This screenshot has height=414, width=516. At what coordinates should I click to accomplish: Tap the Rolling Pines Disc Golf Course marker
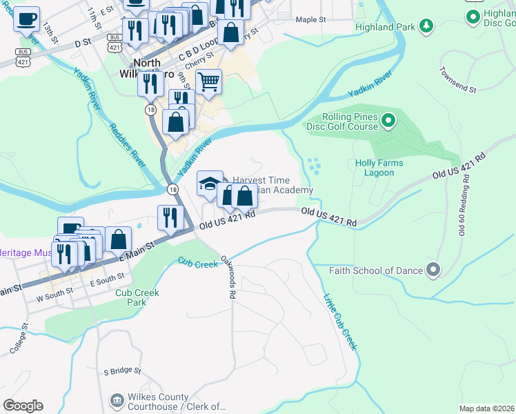(388, 121)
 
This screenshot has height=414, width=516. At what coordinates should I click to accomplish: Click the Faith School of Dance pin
(433, 270)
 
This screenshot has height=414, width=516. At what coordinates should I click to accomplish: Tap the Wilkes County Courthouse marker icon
(117, 401)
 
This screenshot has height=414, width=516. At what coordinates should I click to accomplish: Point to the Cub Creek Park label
(137, 297)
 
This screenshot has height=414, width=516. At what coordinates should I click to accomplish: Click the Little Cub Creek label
(341, 322)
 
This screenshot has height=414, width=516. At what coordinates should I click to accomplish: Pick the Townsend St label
(458, 80)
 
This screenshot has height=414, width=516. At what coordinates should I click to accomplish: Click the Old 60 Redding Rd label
(464, 200)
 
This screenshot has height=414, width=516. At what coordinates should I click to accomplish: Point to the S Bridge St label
(122, 371)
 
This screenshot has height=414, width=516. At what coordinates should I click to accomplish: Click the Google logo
(23, 405)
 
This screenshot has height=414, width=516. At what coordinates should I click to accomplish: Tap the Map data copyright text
(486, 408)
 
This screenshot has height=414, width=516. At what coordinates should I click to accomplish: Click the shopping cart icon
(208, 82)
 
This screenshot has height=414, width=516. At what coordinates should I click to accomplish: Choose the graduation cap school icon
(210, 184)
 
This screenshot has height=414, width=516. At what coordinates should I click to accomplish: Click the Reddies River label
(126, 146)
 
